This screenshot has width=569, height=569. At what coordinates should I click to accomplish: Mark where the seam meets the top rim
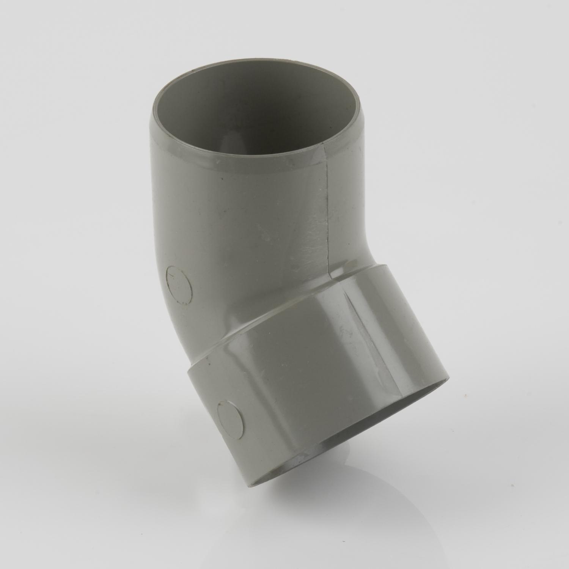tap(323, 145)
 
